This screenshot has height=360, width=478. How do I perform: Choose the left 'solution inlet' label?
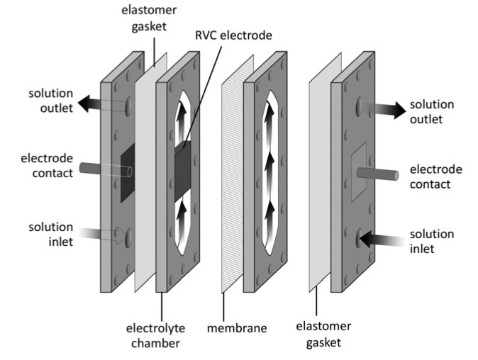click(x=50, y=234)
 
